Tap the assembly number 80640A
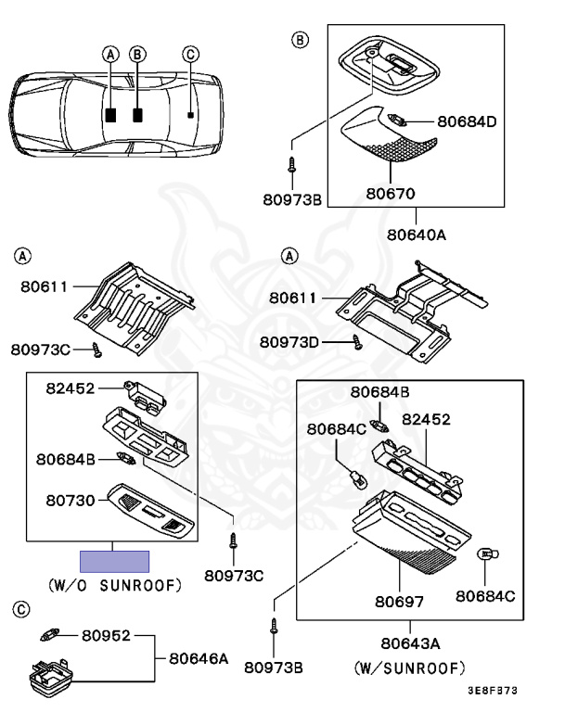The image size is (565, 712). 415,235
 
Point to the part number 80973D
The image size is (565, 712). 289,342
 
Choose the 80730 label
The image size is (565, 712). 71,499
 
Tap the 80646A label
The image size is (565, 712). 199,658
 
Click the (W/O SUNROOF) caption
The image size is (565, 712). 114,585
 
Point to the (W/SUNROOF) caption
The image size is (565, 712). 409,667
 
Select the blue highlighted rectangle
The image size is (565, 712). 114,561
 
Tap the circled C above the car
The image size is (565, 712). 190,55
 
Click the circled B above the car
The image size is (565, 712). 137,55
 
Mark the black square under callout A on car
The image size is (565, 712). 110,116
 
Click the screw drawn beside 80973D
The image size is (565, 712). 356,342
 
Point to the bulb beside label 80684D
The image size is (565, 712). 396,121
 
